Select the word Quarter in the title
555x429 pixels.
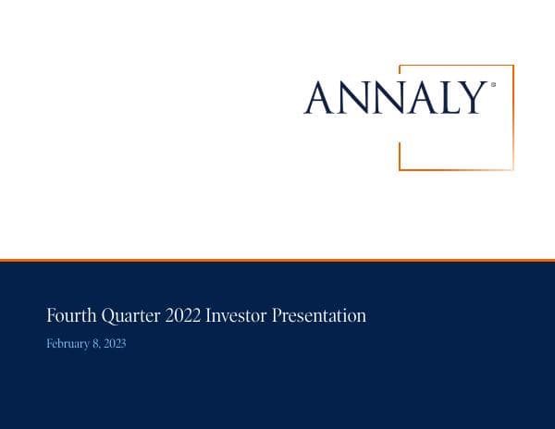click(x=130, y=317)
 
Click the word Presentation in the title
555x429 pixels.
click(x=322, y=316)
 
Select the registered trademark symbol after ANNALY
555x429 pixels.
click(x=493, y=85)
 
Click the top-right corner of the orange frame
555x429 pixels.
click(x=512, y=66)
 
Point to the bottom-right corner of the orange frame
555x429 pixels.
click(x=512, y=169)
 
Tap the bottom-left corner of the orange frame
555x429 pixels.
click(x=400, y=169)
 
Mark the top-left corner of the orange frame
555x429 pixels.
click(x=400, y=66)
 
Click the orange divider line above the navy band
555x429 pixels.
click(x=277, y=261)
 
